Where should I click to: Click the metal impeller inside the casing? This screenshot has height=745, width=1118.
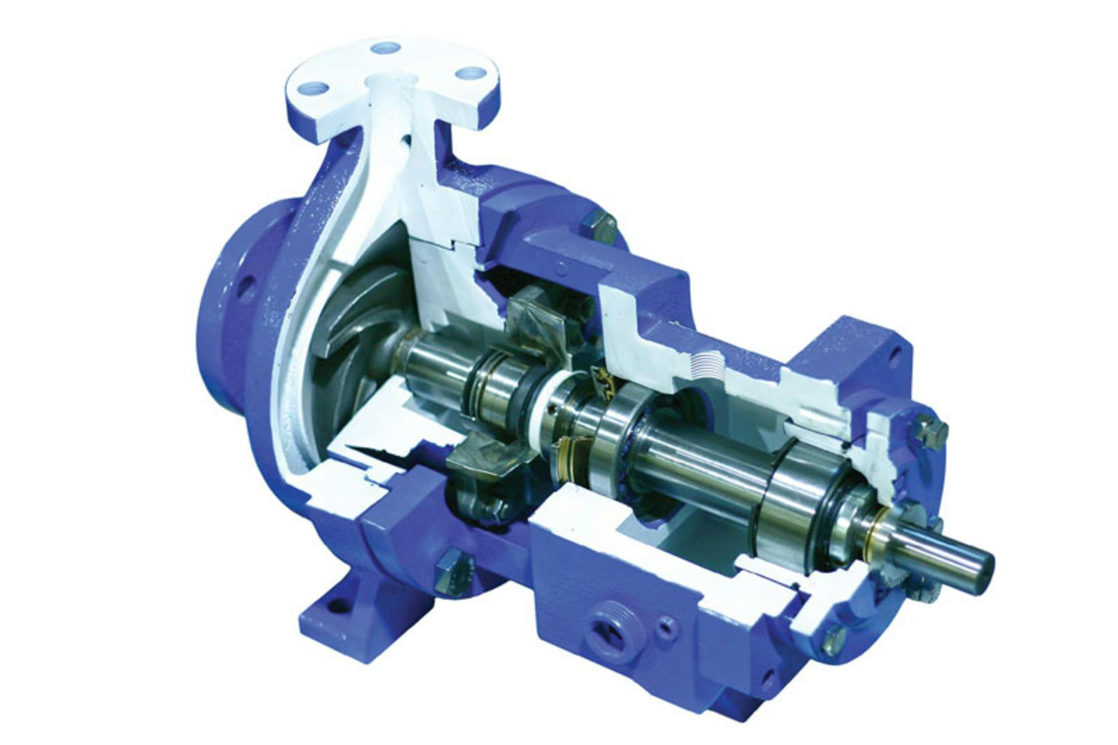(355, 326)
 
